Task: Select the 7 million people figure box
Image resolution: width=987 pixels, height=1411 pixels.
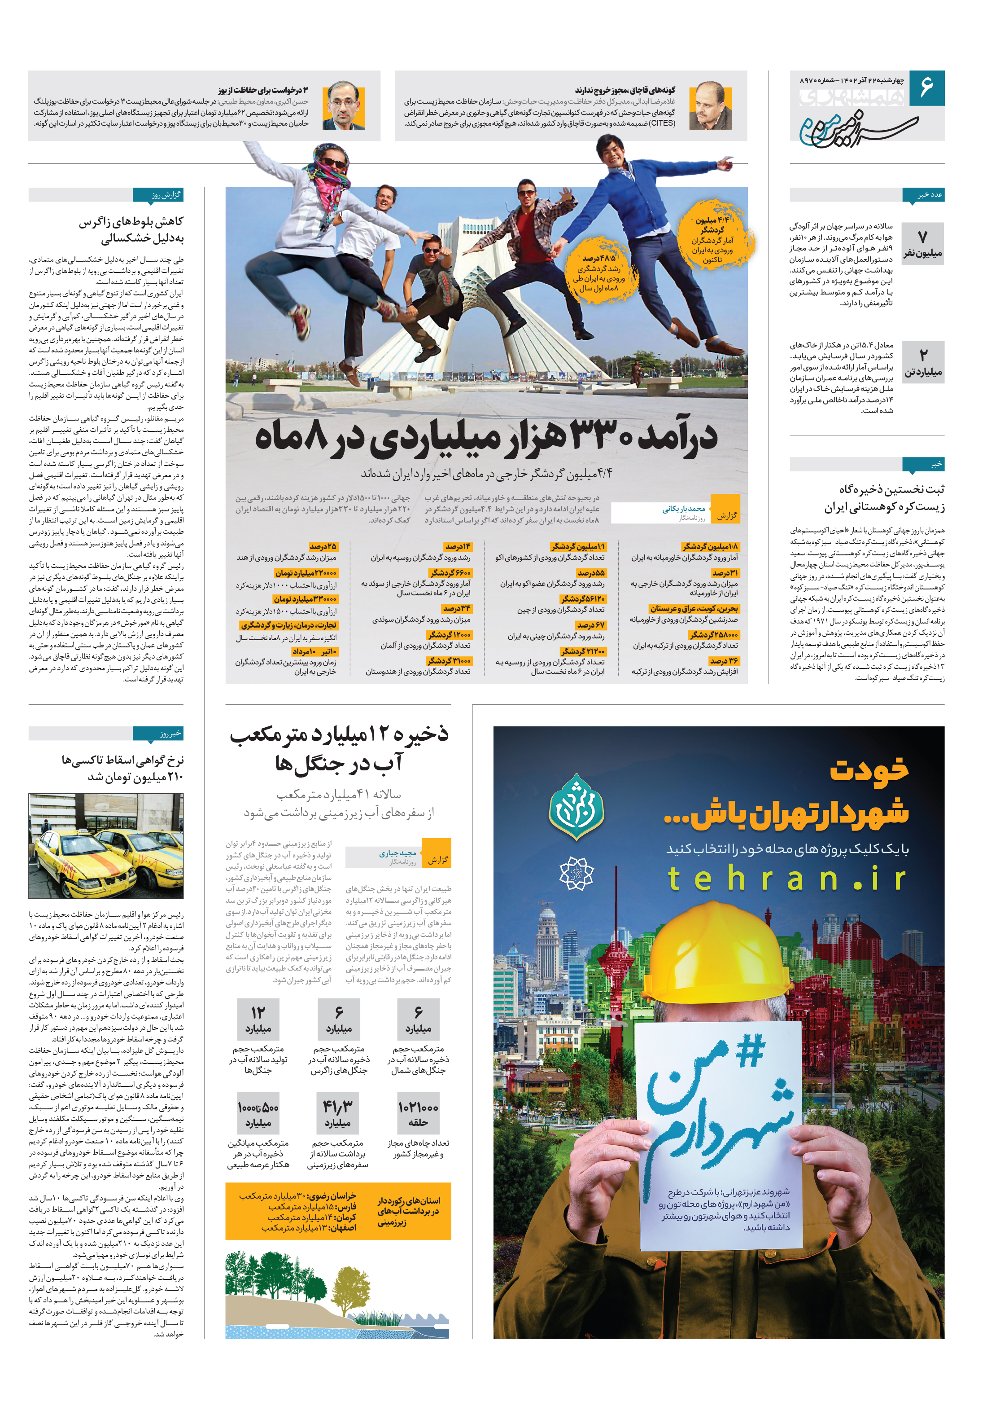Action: [922, 243]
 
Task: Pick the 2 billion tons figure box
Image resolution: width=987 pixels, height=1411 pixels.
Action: [922, 363]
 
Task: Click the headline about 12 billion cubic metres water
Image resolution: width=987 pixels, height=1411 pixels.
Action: [339, 748]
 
